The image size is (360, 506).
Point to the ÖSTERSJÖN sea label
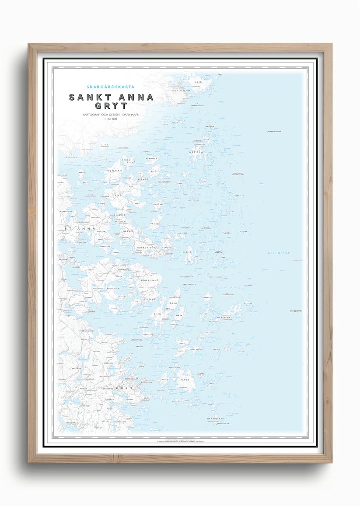coord(279,253)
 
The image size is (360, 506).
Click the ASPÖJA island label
coord(196,152)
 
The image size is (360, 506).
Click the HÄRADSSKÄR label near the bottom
coord(216,419)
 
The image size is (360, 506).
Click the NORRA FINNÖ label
coord(146,248)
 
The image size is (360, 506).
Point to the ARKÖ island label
coord(199,82)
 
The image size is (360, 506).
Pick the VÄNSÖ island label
coord(154,223)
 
